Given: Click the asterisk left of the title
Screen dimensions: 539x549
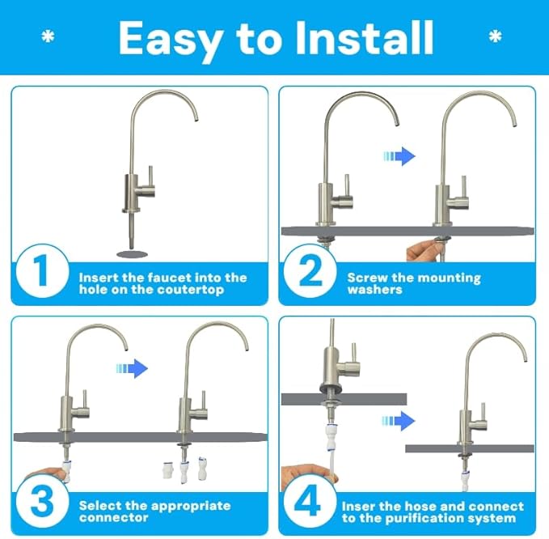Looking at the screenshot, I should coord(48,37).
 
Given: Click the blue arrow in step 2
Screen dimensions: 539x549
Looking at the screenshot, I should coord(402,155).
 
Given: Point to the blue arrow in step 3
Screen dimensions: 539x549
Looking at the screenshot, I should coord(133,368).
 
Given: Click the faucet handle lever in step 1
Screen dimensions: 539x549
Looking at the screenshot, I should coord(150,176).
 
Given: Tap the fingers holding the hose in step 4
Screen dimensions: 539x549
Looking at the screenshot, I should coord(299,474).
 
